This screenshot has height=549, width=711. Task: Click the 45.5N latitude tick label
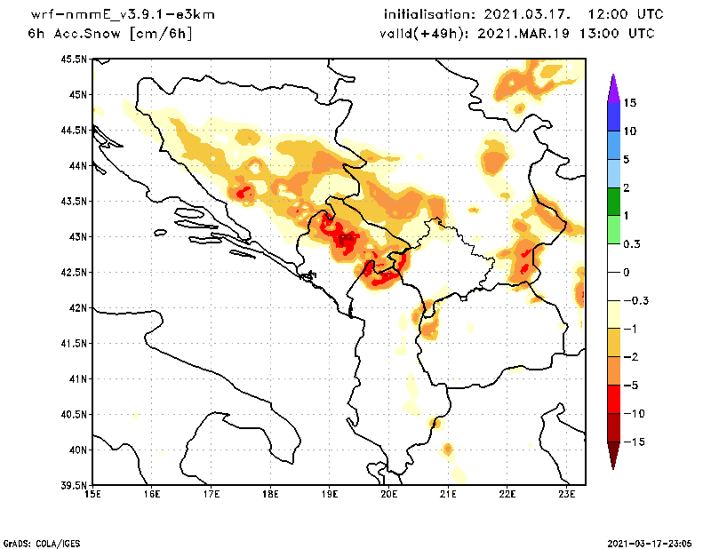[76, 60]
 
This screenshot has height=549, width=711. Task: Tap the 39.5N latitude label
[76, 486]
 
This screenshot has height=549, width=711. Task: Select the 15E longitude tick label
[92, 495]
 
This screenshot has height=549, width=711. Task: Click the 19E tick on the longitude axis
[330, 495]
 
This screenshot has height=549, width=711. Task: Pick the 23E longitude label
[567, 495]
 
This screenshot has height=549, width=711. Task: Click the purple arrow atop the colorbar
[612, 87]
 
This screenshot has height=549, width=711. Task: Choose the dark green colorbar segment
[612, 202]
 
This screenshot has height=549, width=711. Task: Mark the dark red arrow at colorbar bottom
[612, 455]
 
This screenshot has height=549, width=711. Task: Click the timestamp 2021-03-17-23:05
[651, 542]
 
